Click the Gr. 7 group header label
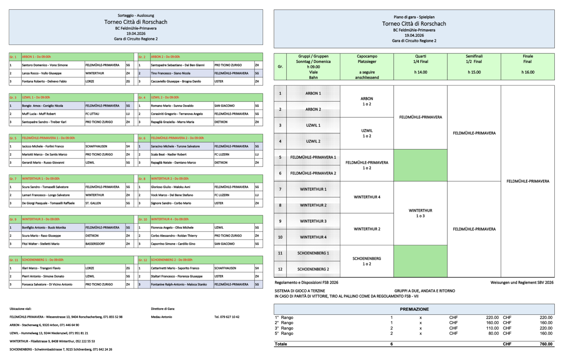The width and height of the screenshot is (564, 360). (13, 179)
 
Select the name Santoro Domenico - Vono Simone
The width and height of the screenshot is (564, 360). (45, 65)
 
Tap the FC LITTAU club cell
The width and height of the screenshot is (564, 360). (92, 114)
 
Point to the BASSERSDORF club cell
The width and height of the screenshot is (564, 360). (95, 244)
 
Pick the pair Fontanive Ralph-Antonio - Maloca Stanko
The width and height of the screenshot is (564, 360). (179, 284)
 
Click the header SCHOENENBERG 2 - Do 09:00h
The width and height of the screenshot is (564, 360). (172, 260)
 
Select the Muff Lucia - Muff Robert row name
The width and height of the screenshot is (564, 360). (39, 114)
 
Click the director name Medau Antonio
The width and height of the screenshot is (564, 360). (161, 317)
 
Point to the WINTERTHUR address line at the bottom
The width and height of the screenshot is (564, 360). (52, 341)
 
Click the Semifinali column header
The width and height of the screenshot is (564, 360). (474, 56)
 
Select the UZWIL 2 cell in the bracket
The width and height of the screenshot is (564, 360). (313, 141)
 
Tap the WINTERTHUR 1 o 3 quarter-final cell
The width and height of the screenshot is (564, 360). (420, 213)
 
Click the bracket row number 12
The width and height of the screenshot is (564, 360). (280, 269)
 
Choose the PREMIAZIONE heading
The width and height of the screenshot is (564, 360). (414, 309)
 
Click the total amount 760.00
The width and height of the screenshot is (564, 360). (546, 344)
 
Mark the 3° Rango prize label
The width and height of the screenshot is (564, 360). (284, 328)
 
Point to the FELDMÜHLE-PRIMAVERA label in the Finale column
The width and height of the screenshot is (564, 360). (528, 181)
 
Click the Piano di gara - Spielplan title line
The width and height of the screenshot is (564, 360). (414, 17)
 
